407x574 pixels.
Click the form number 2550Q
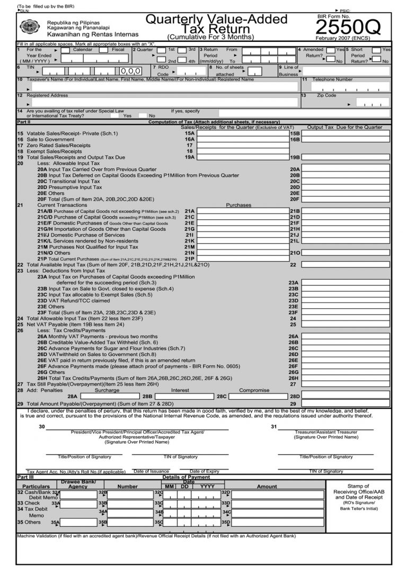click(350, 27)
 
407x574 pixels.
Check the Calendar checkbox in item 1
click(66, 50)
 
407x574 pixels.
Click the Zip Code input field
click(371, 102)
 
